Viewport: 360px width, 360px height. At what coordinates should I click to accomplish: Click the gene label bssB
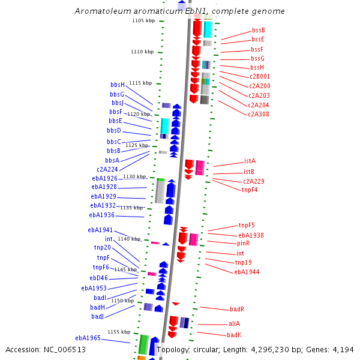coord(259,30)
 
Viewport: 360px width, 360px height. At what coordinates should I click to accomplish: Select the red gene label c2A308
coord(259,114)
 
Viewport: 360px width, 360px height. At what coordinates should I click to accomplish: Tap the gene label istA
coord(250,161)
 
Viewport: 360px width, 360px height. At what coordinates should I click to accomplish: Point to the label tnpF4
coord(250,190)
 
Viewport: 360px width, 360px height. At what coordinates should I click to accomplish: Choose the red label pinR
coord(243,244)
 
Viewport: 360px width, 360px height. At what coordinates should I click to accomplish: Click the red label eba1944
coord(247,272)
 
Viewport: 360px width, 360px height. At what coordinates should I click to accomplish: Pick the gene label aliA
coord(234,323)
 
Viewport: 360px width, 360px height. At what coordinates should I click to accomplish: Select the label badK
coord(234,335)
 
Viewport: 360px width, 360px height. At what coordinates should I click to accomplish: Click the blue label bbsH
coord(118,85)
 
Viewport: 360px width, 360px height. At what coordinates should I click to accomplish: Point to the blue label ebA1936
coord(101,215)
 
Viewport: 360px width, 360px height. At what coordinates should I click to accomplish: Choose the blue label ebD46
coord(99,278)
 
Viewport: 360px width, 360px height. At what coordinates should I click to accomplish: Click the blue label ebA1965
coord(88,338)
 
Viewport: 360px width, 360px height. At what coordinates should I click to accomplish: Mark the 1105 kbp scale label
coord(143,21)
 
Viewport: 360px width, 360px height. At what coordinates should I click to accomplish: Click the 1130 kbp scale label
coord(134,176)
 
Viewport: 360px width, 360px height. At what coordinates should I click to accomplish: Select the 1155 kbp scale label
coord(119,332)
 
